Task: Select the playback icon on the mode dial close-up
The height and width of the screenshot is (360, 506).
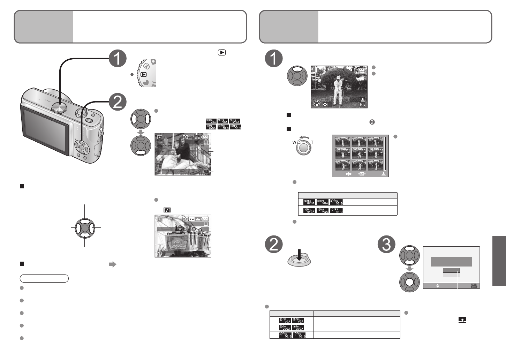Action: pyautogui.click(x=143, y=74)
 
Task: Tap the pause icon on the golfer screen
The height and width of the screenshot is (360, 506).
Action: pyautogui.click(x=316, y=70)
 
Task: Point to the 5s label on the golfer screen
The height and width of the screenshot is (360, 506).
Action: pyautogui.click(x=363, y=104)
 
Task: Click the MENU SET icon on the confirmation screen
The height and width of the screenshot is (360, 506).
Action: pyautogui.click(x=474, y=286)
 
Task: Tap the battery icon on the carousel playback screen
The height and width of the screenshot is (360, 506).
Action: pyautogui.click(x=205, y=137)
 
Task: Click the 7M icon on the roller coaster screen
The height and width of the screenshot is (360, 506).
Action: pyautogui.click(x=192, y=219)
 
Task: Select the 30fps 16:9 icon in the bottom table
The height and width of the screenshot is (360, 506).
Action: pyautogui.click(x=285, y=335)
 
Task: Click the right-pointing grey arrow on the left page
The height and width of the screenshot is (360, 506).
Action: pyautogui.click(x=112, y=264)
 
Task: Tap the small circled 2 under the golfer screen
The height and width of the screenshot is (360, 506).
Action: pyautogui.click(x=372, y=122)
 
